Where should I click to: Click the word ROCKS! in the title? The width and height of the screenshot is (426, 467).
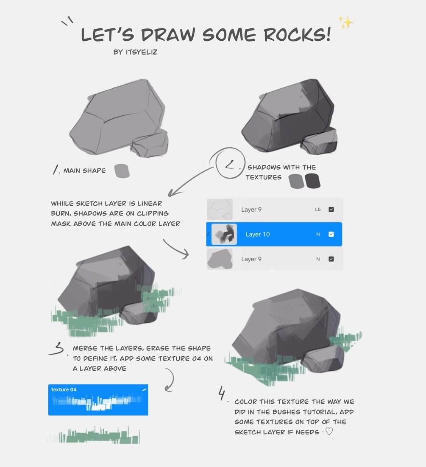(x=297, y=34)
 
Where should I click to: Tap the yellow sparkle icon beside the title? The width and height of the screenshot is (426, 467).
(x=345, y=22)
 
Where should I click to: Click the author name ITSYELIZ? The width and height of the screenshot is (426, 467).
(x=142, y=52)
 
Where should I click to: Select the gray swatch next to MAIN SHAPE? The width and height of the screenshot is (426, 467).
(x=122, y=171)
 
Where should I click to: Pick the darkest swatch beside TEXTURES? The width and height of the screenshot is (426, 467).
(x=312, y=181)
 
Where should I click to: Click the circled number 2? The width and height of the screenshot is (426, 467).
(x=230, y=163)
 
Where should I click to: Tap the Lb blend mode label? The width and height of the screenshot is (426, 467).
(x=317, y=210)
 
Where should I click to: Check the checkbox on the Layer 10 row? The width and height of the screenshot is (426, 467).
(x=331, y=235)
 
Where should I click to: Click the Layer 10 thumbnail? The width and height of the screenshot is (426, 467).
(x=224, y=235)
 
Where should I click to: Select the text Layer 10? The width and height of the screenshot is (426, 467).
(x=257, y=235)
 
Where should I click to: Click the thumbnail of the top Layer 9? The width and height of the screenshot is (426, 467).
(x=220, y=210)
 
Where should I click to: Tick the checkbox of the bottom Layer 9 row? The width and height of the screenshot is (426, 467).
(x=331, y=259)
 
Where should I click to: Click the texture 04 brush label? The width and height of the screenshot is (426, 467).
(x=64, y=389)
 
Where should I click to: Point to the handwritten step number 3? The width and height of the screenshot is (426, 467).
(x=56, y=349)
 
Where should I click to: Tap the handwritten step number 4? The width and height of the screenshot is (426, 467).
(x=222, y=393)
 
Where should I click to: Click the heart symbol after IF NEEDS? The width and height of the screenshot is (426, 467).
(x=329, y=431)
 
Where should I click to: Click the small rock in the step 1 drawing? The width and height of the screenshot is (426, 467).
(x=150, y=144)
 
